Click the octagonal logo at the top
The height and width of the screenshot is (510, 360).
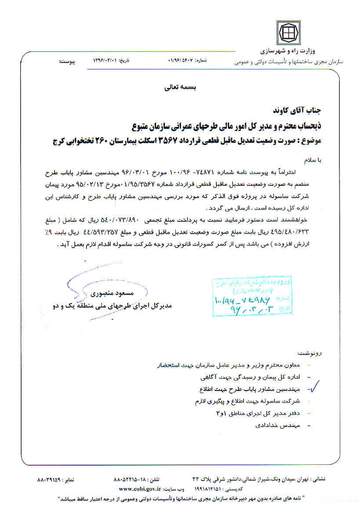click(288, 32)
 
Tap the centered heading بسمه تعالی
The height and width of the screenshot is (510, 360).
click(181, 87)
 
